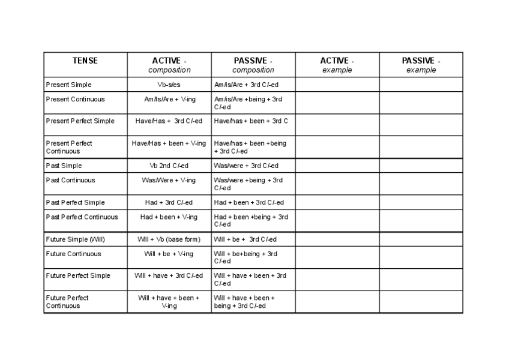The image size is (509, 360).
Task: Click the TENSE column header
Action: tap(85, 61)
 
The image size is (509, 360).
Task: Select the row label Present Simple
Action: tap(69, 85)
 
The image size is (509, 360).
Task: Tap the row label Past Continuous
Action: tap(71, 180)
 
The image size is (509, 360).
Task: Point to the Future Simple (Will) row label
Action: tap(76, 239)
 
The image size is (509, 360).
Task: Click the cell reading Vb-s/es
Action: tap(169, 85)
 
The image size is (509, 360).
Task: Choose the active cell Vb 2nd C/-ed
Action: tap(169, 166)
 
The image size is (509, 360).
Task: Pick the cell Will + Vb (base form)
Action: tap(169, 239)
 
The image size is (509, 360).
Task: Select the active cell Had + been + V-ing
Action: tap(169, 217)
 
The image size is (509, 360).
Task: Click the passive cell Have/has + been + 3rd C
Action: tap(251, 121)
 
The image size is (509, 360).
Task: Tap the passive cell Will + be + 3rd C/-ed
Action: tap(245, 239)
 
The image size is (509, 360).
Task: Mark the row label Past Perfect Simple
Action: tap(75, 203)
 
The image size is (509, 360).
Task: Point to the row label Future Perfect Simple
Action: tap(78, 276)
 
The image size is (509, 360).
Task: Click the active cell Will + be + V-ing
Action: tap(169, 254)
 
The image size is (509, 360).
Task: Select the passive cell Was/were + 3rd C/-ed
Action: tap(246, 166)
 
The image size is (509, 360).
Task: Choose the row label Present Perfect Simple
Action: tap(80, 121)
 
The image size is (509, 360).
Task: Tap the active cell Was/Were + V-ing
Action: tap(169, 180)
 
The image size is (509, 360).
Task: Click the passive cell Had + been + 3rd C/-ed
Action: tap(249, 203)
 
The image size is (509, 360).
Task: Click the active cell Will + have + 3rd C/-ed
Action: tap(169, 276)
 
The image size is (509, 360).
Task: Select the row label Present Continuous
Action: tap(76, 100)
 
